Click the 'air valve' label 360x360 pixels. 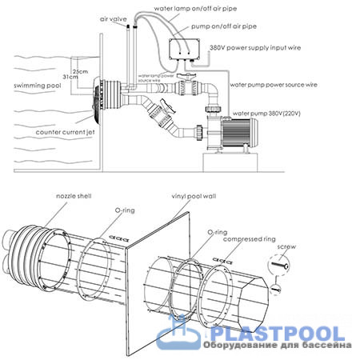click(114, 19)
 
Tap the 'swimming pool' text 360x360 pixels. click(38, 86)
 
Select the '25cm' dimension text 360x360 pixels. click(80, 71)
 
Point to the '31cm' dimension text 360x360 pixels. click(70, 77)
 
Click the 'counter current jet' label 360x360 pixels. click(65, 132)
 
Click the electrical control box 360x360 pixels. click(184, 50)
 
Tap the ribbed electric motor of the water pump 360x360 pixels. click(239, 133)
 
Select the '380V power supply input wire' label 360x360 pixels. click(255, 48)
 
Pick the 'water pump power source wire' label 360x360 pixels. click(274, 85)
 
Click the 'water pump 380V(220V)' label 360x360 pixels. click(266, 114)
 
